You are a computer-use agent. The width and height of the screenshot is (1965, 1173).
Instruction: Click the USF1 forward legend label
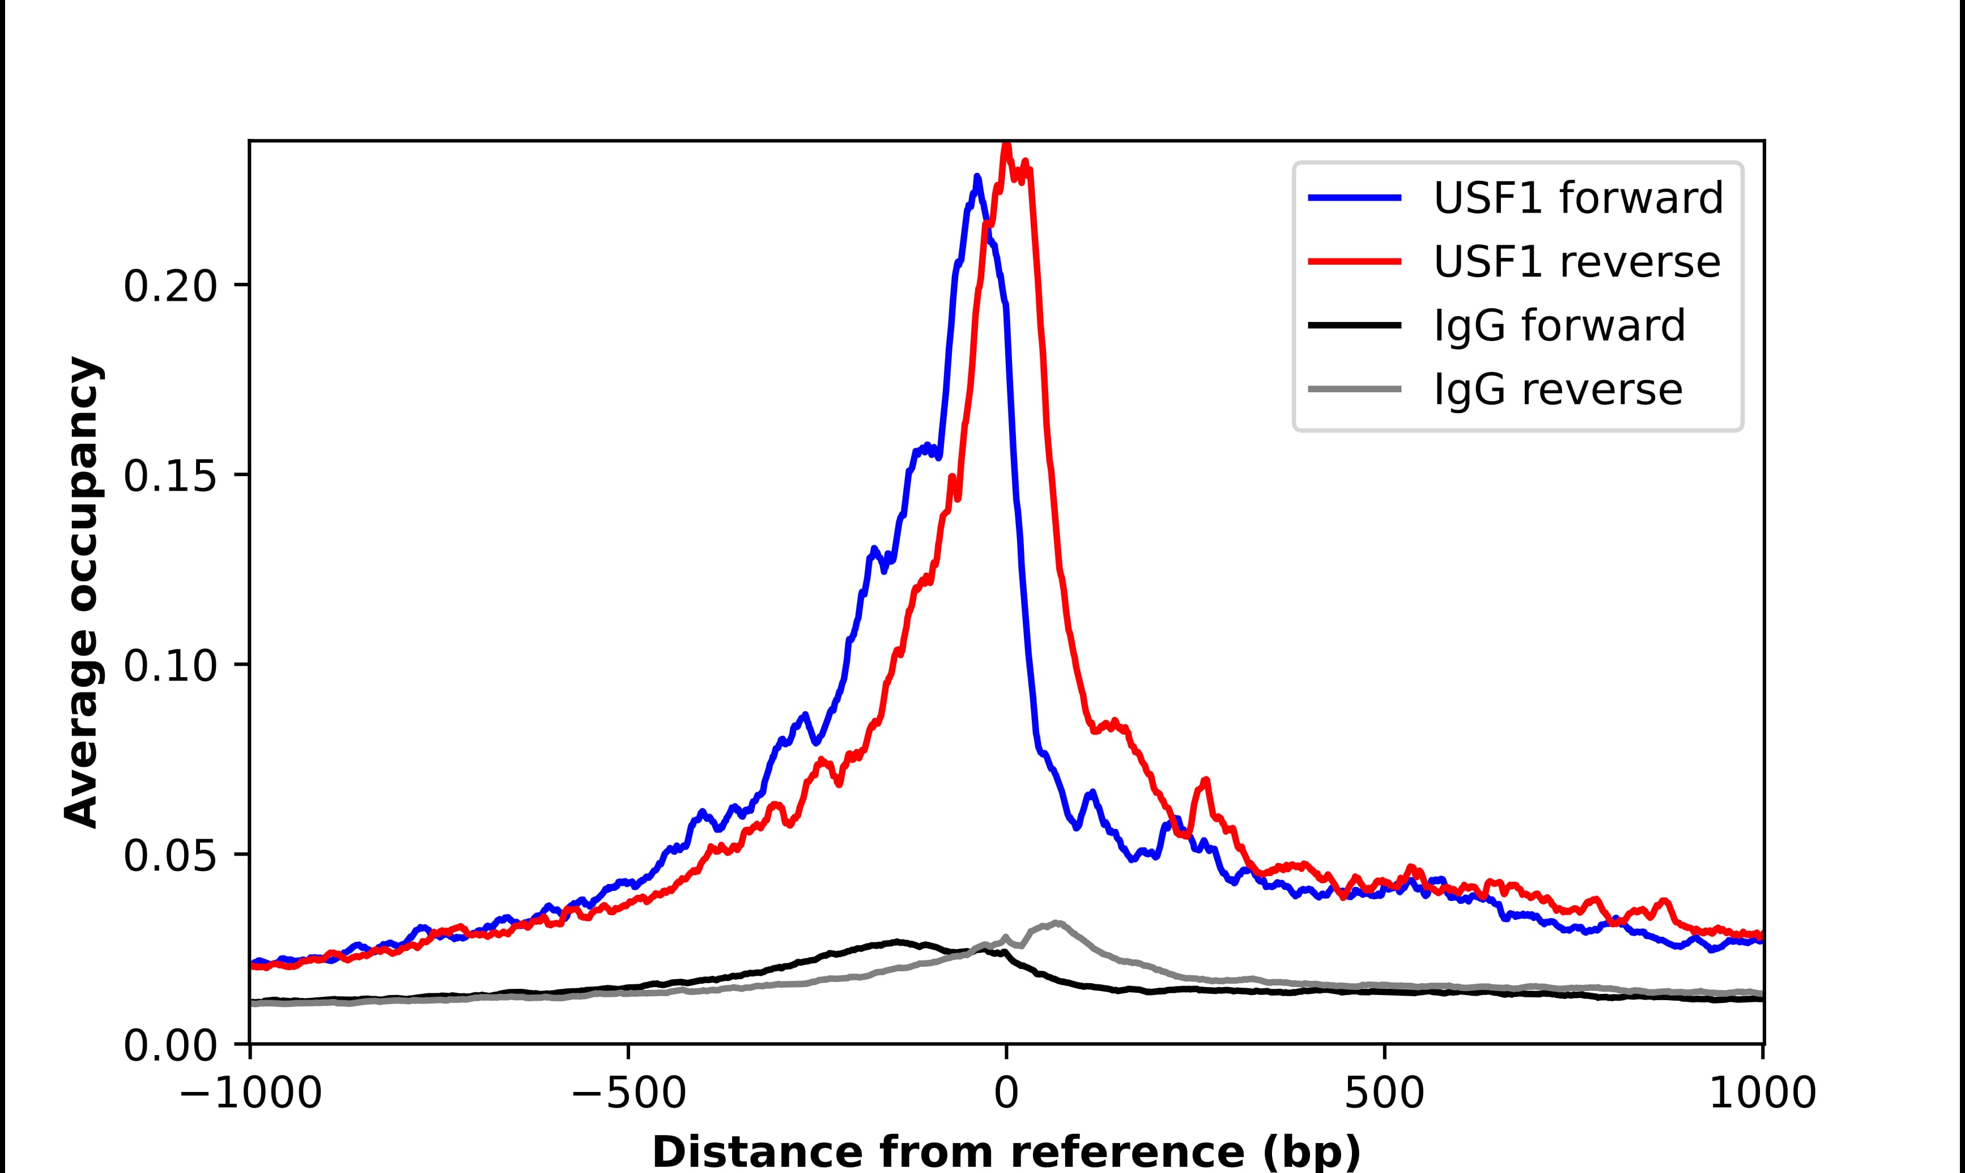pyautogui.click(x=1578, y=198)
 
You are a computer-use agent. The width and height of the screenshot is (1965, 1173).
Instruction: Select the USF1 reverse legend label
pyautogui.click(x=1576, y=262)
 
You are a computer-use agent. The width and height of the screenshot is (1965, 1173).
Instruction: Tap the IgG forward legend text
pyautogui.click(x=1559, y=326)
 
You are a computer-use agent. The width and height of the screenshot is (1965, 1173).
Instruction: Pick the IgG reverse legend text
pyautogui.click(x=1557, y=390)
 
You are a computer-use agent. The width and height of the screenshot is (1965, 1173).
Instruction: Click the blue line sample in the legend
pyautogui.click(x=1355, y=198)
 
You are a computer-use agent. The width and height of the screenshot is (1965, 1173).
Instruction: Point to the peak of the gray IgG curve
pyautogui.click(x=1056, y=923)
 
